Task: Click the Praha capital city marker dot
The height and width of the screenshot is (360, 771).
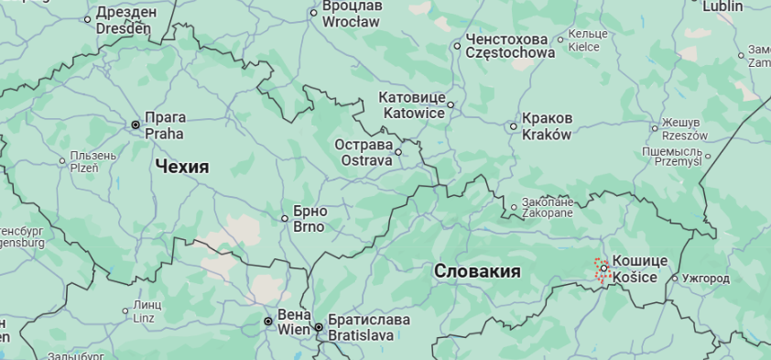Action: (136, 125)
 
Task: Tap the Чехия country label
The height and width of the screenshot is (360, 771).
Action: (181, 167)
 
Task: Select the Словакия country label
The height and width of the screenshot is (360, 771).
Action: (477, 271)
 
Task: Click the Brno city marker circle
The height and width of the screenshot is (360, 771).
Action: (285, 218)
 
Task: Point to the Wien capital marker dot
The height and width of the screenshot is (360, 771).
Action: (267, 322)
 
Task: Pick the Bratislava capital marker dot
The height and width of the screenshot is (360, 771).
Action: (319, 327)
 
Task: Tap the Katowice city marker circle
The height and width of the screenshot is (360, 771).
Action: (450, 104)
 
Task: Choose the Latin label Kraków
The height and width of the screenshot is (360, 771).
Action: (546, 135)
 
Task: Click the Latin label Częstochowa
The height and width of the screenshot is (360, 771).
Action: (510, 53)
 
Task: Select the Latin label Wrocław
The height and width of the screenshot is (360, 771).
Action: (350, 21)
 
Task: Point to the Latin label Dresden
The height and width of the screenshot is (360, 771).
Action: (122, 28)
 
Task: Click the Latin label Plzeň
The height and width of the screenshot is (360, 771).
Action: (83, 168)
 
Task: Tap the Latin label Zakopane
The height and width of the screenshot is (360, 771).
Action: (547, 213)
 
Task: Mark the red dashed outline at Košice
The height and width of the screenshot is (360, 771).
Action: (603, 269)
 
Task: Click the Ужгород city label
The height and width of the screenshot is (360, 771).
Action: (705, 278)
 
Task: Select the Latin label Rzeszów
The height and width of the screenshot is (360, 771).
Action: (685, 135)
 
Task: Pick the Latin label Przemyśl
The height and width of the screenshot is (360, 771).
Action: (677, 160)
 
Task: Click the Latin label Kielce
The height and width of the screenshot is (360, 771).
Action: (583, 47)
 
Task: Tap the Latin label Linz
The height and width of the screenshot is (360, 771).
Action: (144, 318)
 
